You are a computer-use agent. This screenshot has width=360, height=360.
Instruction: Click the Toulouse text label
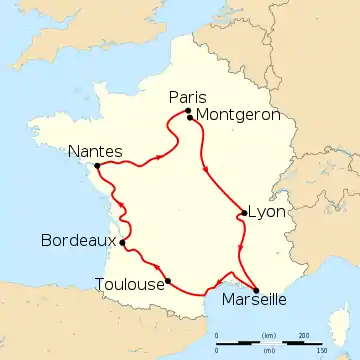tap(128, 283)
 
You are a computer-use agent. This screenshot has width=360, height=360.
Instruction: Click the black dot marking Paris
tap(187, 111)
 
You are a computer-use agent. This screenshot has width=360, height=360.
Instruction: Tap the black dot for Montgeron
tap(190, 117)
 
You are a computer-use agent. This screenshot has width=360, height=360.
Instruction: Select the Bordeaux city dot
tap(122, 242)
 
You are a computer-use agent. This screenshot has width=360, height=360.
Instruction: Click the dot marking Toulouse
tap(168, 280)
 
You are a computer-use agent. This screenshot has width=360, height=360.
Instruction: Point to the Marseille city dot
tap(257, 291)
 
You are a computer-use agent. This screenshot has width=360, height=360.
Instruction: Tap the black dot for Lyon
tap(244, 213)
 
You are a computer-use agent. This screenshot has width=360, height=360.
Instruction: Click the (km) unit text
tap(269, 335)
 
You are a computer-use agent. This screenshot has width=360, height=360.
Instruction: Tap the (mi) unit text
tap(269, 351)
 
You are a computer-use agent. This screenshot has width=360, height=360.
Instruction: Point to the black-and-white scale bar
tap(270, 343)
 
